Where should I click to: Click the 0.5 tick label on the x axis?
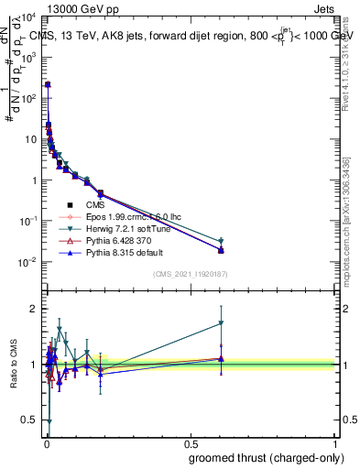[190, 442]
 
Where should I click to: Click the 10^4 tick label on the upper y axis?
[28, 17]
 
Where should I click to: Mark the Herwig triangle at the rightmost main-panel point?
[221, 242]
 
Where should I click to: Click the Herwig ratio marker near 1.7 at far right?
[221, 323]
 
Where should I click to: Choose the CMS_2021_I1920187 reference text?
[189, 274]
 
